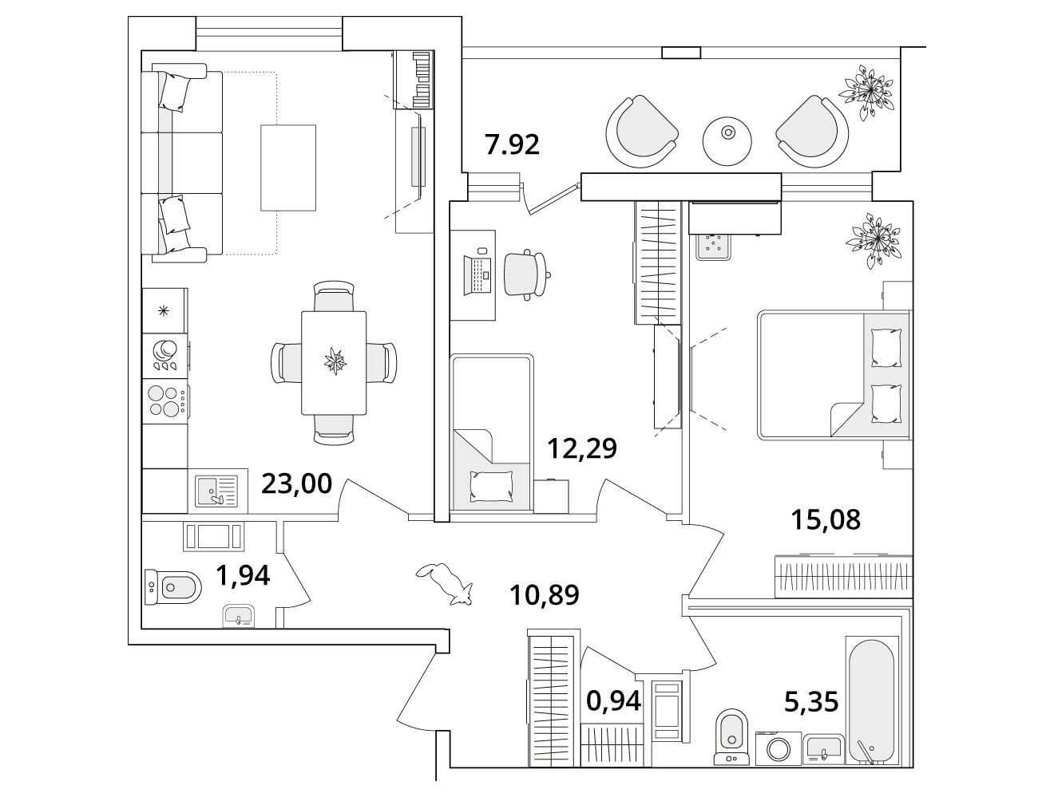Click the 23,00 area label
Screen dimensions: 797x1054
[x=296, y=483]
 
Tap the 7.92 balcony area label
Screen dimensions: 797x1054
[x=512, y=145]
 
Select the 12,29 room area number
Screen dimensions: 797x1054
[x=582, y=449]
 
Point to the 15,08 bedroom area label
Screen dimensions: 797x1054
[x=826, y=520]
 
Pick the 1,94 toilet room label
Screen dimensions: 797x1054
[x=243, y=574]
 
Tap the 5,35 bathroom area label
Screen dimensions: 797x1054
[x=810, y=702]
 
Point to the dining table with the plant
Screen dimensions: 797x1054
[x=334, y=362]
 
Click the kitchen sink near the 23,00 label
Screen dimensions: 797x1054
[x=216, y=489]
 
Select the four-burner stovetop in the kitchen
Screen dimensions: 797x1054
[x=165, y=400]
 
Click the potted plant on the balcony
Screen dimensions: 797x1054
[x=870, y=89]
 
